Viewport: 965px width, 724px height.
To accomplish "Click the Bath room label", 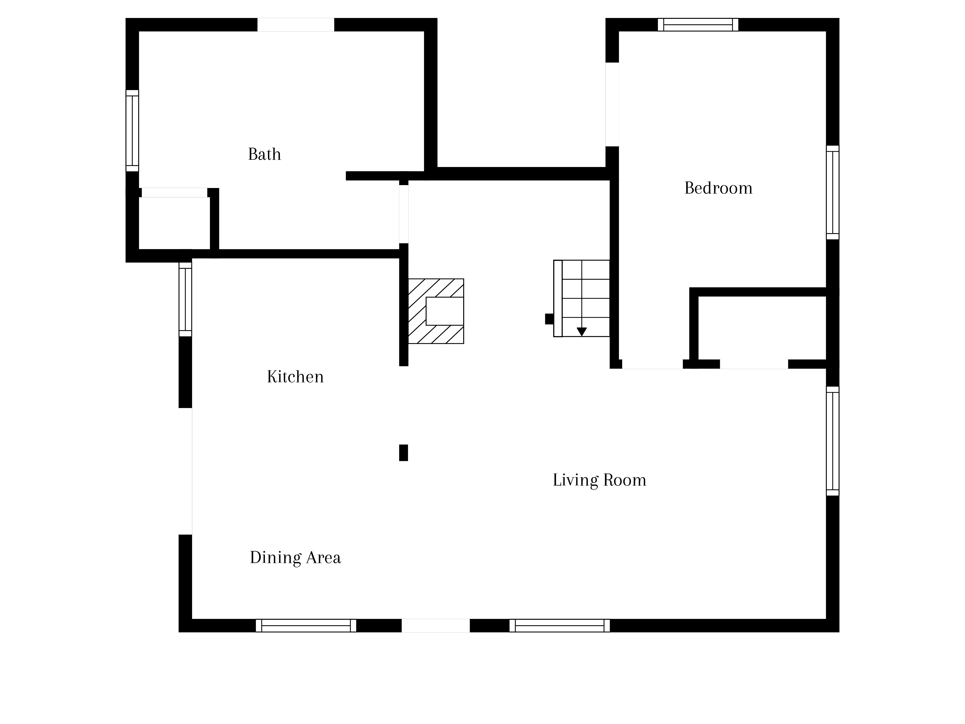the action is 264,154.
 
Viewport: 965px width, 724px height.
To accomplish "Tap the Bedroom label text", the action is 718,188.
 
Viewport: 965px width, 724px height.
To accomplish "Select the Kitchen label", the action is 295,377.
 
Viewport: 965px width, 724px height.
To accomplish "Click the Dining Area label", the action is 295,557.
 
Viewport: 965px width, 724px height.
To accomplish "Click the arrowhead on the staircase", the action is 581,332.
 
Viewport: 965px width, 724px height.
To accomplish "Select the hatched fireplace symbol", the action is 436,311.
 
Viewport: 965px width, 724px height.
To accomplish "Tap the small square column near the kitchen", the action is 404,452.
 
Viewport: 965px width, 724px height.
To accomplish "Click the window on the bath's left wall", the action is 132,131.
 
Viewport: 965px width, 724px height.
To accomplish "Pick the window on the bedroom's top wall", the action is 698,24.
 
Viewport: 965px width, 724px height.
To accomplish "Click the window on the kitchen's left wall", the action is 186,299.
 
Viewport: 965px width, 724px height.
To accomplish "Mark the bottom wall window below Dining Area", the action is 306,625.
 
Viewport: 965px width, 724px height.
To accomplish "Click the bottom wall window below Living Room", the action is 560,625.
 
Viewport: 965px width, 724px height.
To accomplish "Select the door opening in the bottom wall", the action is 436,625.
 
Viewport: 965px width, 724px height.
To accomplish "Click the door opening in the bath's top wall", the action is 296,24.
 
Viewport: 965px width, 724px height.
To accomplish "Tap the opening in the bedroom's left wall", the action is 612,104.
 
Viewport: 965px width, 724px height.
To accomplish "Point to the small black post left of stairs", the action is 549,319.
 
